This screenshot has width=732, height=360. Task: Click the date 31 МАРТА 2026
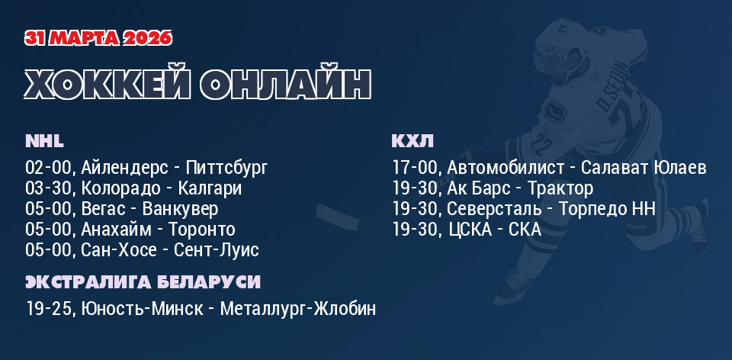(98, 38)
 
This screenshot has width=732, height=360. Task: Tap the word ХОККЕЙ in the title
(108, 84)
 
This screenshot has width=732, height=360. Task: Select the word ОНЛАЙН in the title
(285, 84)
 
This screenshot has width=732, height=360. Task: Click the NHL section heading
(44, 141)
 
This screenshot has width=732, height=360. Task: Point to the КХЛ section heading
(413, 141)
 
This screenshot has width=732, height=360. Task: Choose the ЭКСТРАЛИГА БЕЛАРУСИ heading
(143, 282)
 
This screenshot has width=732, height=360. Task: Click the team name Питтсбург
(227, 168)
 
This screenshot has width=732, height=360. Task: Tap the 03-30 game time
(49, 188)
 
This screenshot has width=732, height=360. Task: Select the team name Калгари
(210, 189)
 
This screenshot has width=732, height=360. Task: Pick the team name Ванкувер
(180, 209)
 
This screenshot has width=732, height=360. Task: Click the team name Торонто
(201, 230)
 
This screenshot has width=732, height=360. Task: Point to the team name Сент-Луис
(216, 250)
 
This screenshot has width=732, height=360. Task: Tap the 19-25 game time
(49, 309)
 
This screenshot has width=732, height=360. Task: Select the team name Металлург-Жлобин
(298, 309)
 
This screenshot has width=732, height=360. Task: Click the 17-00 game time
(415, 168)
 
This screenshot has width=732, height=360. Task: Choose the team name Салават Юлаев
(644, 168)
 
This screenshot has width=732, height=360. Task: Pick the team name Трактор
(560, 188)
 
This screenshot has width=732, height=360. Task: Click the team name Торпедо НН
(607, 209)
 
